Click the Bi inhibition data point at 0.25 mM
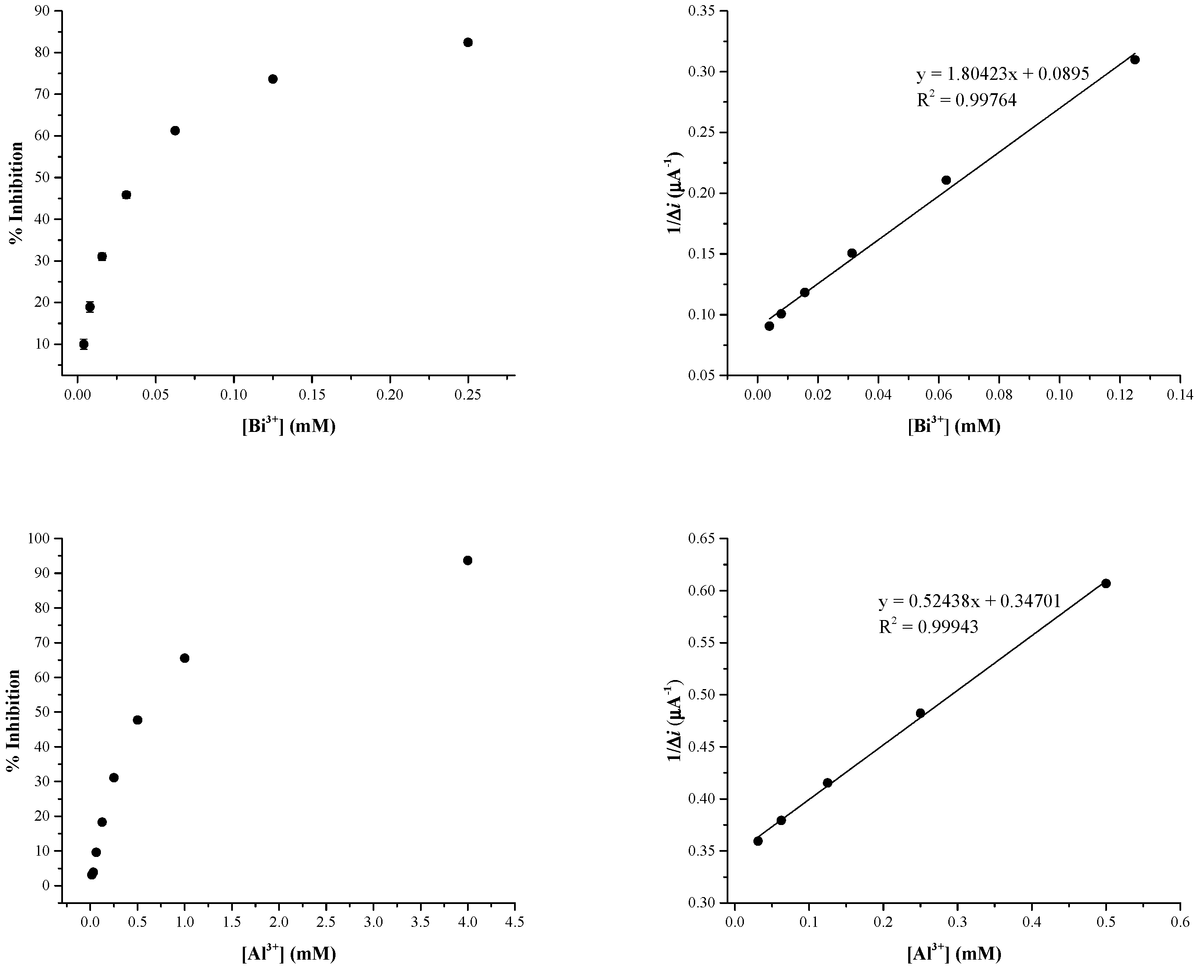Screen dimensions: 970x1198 pos(468,42)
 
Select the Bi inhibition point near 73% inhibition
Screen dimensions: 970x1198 pos(273,79)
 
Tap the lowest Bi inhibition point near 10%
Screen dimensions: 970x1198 pos(84,344)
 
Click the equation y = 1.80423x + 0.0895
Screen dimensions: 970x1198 pos(1003,74)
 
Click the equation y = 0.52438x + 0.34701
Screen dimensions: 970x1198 pos(969,601)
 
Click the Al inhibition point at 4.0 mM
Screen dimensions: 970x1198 pos(467,561)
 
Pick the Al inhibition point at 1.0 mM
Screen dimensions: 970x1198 pos(184,658)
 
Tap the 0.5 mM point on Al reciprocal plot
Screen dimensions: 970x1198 pos(1105,583)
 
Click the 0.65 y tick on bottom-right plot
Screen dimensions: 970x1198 pos(706,539)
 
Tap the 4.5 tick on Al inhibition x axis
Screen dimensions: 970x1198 pos(514,923)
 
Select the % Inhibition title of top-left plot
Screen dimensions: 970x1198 pos(17,193)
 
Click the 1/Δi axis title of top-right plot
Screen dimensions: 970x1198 pos(675,193)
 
